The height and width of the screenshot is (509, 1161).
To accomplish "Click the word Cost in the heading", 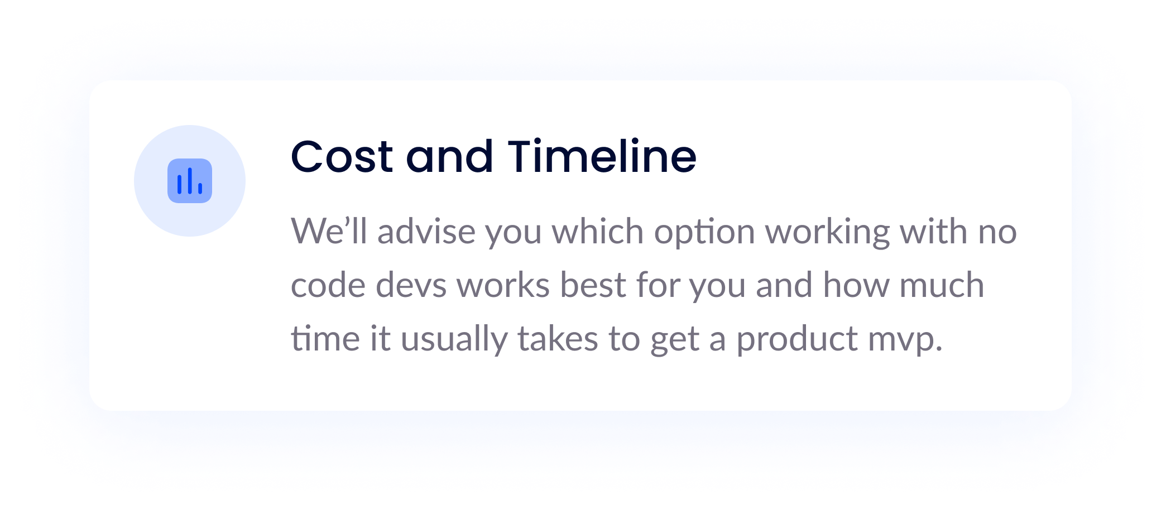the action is pyautogui.click(x=342, y=157).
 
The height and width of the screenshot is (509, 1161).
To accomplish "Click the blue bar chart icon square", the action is pyautogui.click(x=190, y=181).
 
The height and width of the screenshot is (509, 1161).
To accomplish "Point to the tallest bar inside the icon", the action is pyautogui.click(x=190, y=181).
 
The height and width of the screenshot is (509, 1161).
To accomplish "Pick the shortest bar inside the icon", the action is pyautogui.click(x=200, y=189).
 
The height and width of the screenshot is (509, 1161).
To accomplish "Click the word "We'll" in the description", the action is pyautogui.click(x=329, y=231).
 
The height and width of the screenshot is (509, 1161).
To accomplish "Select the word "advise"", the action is pyautogui.click(x=426, y=231).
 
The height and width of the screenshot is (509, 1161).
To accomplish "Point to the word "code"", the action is pyautogui.click(x=328, y=285).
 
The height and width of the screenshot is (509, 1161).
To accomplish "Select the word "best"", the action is pyautogui.click(x=593, y=285).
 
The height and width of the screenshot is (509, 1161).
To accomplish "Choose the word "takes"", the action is pyautogui.click(x=558, y=338).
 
